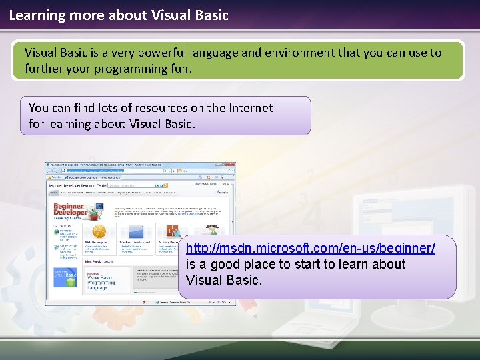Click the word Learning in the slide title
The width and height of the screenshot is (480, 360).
(x=35, y=14)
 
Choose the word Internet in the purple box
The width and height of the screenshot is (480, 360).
(x=250, y=107)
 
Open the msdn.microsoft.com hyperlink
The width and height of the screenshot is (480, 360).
(x=311, y=248)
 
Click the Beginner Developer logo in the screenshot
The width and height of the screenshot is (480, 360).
(x=71, y=211)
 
